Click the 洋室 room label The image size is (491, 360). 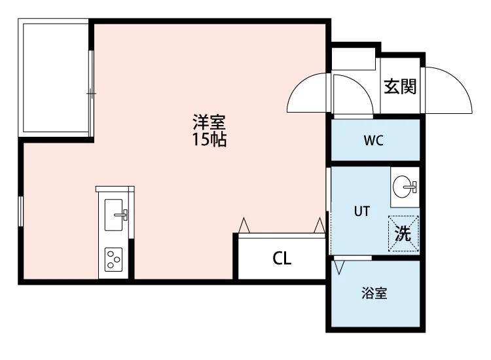click(209, 122)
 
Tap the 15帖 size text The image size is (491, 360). click(209, 139)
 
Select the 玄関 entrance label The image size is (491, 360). click(400, 86)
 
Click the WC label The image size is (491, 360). click(374, 141)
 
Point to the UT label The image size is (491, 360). click(362, 211)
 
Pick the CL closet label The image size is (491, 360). click(282, 259)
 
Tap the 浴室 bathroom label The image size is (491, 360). click(374, 293)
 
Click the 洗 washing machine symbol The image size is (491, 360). click(403, 233)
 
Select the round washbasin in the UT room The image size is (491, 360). click(403, 187)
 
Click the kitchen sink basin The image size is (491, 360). click(113, 215)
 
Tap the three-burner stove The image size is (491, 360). click(113, 259)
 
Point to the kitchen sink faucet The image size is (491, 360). click(122, 215)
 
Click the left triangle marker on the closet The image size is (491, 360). click(244, 225)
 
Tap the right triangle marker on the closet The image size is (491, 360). click(319, 225)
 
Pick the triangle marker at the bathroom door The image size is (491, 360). click(339, 268)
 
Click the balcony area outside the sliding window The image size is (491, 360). click(56, 78)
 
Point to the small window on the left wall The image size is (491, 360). click(20, 211)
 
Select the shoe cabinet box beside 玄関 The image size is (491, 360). click(354, 58)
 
